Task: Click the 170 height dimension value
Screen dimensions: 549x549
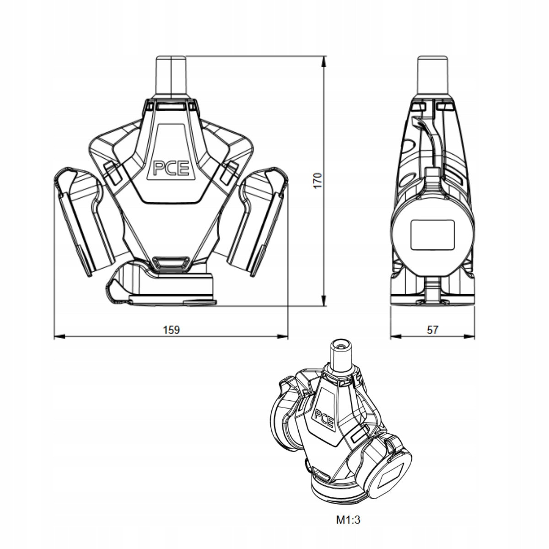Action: [x=319, y=181]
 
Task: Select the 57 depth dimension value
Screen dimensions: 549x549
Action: [x=432, y=329]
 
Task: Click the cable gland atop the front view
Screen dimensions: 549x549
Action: [x=172, y=75]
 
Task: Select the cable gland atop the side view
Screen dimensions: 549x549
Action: [x=432, y=75]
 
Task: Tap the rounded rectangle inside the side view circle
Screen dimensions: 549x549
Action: [x=433, y=235]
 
